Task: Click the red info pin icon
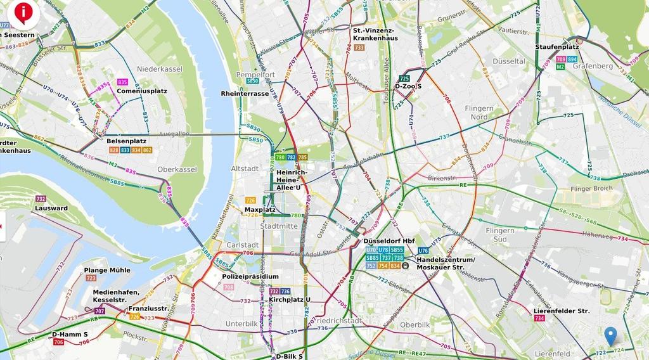click(24, 11)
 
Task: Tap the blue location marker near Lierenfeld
click(610, 335)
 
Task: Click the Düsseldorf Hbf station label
click(389, 241)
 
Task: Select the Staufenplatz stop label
click(557, 47)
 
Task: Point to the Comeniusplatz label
click(141, 91)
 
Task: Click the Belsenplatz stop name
click(126, 141)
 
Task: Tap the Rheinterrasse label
click(245, 93)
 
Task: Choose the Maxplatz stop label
click(258, 209)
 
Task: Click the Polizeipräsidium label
click(250, 276)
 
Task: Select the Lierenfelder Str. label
click(562, 311)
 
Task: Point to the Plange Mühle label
click(107, 270)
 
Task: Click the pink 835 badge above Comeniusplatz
click(122, 82)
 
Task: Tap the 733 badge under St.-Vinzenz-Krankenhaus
click(359, 48)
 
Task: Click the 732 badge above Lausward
click(41, 199)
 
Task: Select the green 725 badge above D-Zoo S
click(404, 79)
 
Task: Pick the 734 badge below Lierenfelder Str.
click(539, 319)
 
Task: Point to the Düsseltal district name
click(509, 61)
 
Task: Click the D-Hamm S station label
click(70, 334)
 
